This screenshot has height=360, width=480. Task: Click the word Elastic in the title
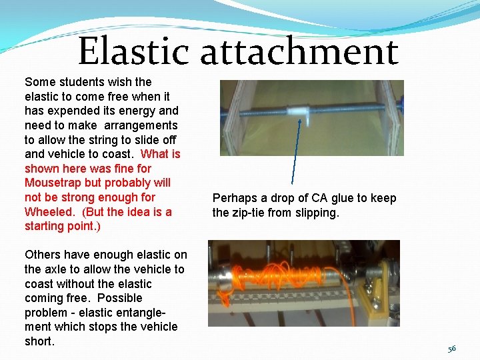133,52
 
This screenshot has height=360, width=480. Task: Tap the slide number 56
452,349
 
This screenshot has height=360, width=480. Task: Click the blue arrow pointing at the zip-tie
295,153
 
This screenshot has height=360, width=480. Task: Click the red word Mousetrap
54,183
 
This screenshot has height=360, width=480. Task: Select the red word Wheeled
48,212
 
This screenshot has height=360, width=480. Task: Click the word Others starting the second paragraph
43,255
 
